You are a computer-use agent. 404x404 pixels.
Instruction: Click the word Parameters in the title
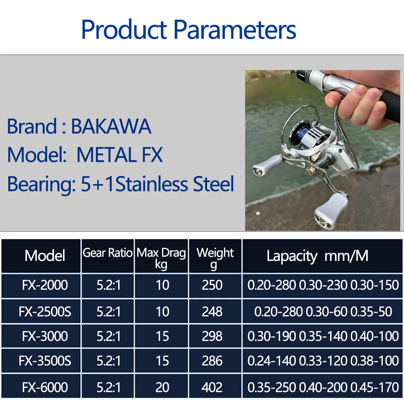(x=235, y=29)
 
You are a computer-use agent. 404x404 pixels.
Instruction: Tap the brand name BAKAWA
(x=111, y=126)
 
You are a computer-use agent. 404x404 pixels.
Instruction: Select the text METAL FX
(x=120, y=155)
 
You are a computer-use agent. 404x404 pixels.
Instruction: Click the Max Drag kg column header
(x=161, y=258)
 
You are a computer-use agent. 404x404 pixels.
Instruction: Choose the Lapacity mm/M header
(x=317, y=256)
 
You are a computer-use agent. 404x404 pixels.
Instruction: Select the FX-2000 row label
(x=45, y=285)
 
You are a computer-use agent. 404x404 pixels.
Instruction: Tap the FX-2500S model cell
(x=45, y=311)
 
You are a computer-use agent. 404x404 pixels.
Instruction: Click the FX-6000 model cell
(x=45, y=387)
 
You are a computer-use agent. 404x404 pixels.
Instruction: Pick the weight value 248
(x=212, y=311)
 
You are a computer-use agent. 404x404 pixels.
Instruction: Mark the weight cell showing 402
(x=212, y=387)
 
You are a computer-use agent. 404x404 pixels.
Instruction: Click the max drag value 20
(x=162, y=387)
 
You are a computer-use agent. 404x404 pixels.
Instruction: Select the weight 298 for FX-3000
(x=212, y=336)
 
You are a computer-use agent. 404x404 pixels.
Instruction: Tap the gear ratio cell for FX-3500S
(x=109, y=361)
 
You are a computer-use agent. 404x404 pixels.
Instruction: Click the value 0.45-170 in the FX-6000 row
(x=374, y=387)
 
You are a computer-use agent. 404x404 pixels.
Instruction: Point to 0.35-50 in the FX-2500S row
(x=371, y=311)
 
